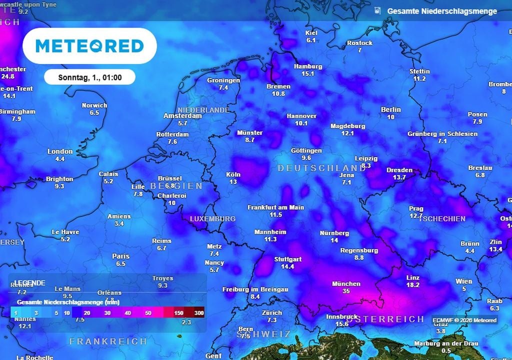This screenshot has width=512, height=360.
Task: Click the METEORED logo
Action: tap(89, 46)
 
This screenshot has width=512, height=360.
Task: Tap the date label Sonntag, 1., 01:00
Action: tap(89, 77)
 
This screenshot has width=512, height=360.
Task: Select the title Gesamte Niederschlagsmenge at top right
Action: tap(442, 11)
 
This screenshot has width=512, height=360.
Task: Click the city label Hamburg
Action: tap(307, 66)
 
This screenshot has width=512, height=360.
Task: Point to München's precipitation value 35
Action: tap(346, 291)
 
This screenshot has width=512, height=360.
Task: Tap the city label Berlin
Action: tap(390, 109)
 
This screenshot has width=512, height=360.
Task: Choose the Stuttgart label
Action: tap(287, 259)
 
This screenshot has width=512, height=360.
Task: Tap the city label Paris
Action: tap(120, 256)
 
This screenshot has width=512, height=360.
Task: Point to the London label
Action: tap(60, 151)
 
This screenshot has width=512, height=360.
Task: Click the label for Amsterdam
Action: tap(182, 116)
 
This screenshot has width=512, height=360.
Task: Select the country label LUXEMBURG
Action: tap(212, 219)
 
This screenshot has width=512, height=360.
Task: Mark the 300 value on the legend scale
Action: tap(199, 312)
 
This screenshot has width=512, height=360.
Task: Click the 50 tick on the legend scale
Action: tap(148, 312)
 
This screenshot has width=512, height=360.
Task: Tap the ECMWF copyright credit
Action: tap(464, 320)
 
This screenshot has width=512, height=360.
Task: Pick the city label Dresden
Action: tap(399, 170)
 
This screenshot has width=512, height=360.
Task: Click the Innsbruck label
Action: tap(341, 316)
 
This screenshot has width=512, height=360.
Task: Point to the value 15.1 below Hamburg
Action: tap(307, 73)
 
